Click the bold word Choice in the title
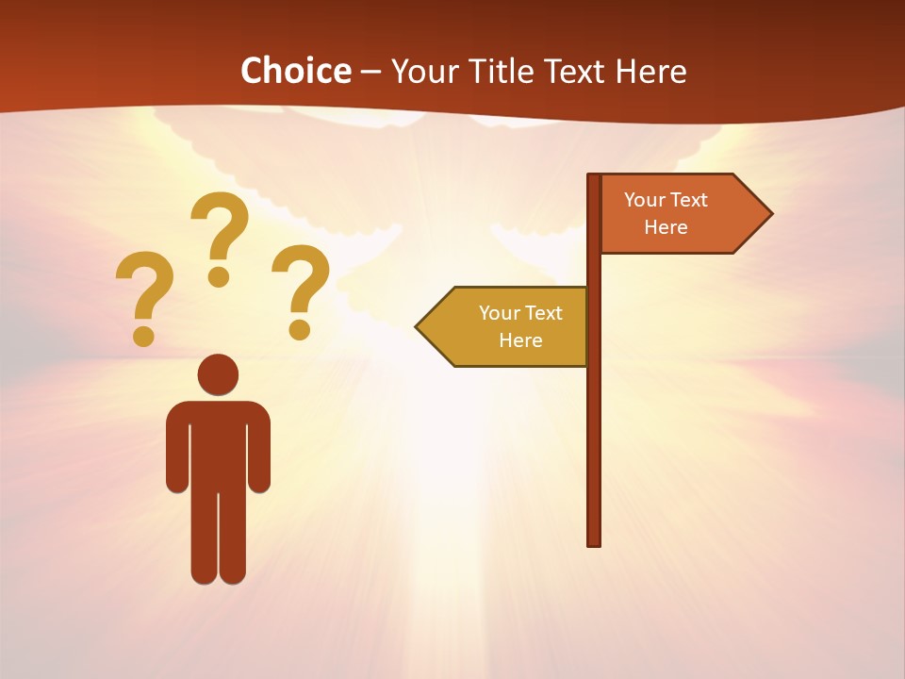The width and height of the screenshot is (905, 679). click(295, 71)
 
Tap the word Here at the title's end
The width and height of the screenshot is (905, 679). click(650, 71)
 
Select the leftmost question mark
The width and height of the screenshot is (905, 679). click(143, 294)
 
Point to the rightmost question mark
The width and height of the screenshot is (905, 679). click(301, 288)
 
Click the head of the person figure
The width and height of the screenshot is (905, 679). click(218, 374)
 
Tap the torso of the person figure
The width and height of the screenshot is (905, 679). click(218, 443)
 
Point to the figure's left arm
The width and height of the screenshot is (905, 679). click(176, 448)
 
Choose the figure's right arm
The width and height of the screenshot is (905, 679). click(260, 448)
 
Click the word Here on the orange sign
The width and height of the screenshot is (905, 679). click(666, 227)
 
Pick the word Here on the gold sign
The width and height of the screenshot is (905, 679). click(520, 340)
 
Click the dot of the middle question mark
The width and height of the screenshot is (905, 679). click(219, 277)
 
